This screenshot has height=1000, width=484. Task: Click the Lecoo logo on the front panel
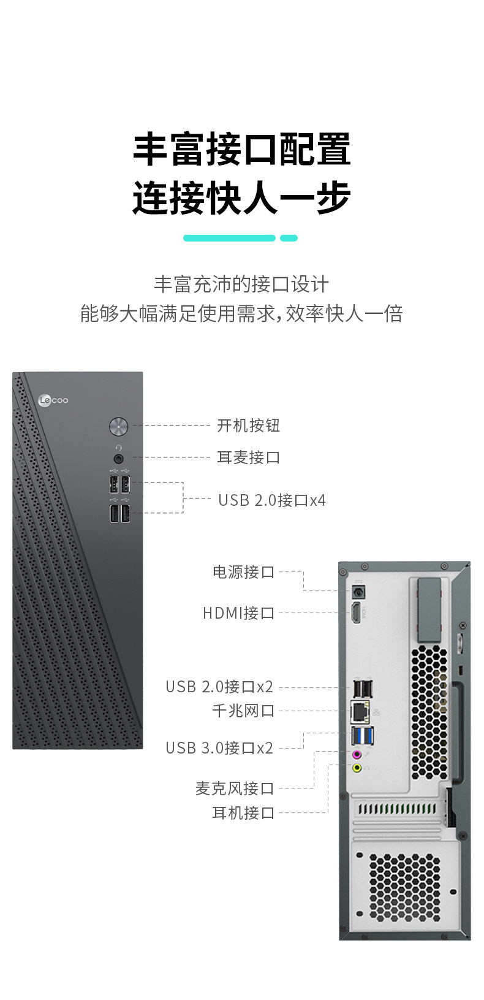[x=53, y=400]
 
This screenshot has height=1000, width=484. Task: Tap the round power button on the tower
[x=118, y=426]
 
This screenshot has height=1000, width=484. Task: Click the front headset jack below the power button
[x=119, y=458]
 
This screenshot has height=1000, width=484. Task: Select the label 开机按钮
[x=248, y=426]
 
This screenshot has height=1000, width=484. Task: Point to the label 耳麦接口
[x=248, y=457]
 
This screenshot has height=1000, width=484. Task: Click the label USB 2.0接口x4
[x=271, y=500]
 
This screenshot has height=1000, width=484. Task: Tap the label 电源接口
[x=243, y=572]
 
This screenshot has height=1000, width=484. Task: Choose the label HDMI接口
[x=238, y=613]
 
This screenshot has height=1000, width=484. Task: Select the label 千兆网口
[x=243, y=711]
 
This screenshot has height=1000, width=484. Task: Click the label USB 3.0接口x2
[x=219, y=748]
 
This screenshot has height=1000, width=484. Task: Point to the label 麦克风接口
[x=234, y=788]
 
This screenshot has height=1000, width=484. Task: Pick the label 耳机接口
[x=243, y=813]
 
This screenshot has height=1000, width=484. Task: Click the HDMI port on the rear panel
[x=356, y=613]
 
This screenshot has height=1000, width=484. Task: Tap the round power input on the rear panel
[x=358, y=592]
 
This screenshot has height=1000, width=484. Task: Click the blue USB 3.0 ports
[x=362, y=735]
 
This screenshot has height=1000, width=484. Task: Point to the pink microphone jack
[x=357, y=755]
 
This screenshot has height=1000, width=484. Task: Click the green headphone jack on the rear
[x=357, y=768]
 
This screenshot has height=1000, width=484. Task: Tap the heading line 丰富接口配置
[x=241, y=149]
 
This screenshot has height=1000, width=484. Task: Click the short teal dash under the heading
[x=289, y=238]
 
